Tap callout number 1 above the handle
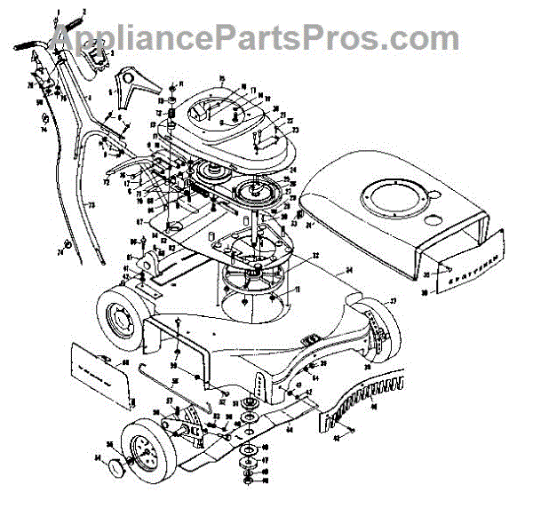(58, 12)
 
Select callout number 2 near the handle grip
(85, 12)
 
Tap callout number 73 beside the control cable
(90, 203)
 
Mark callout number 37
(390, 302)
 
